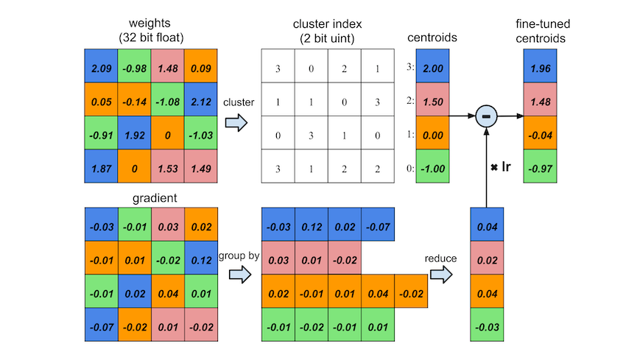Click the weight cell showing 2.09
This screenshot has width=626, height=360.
tap(101, 66)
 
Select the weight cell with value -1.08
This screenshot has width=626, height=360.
tap(168, 99)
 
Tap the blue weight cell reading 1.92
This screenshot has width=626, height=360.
tap(135, 133)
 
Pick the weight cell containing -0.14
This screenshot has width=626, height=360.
tap(135, 99)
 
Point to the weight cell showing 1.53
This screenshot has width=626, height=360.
tap(168, 166)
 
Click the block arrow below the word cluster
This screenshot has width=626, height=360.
tap(236, 122)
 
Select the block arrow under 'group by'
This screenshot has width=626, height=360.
tap(240, 275)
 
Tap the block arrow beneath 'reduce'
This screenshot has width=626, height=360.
tap(441, 275)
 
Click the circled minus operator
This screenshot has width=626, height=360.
tap(486, 116)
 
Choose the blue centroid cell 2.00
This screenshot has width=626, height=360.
tap(432, 66)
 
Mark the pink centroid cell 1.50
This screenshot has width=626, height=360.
tap(432, 99)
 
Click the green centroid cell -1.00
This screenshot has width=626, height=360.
tap(432, 166)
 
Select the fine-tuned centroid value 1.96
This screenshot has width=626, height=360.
tap(540, 66)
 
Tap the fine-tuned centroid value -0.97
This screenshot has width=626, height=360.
tap(540, 166)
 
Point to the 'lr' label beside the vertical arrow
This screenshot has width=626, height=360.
tap(506, 166)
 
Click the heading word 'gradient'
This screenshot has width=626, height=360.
tap(155, 198)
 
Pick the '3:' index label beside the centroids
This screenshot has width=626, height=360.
tap(410, 67)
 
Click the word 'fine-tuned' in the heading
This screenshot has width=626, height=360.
tap(543, 24)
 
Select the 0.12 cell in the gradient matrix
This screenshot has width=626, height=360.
tap(201, 258)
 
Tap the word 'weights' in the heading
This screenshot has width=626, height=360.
tap(150, 23)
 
